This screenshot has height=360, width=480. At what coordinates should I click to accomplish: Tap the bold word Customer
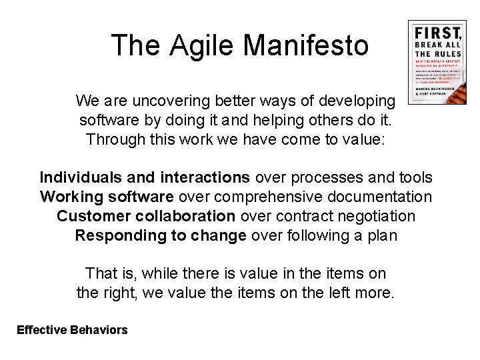(88, 217)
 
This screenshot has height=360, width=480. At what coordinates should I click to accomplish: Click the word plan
(383, 235)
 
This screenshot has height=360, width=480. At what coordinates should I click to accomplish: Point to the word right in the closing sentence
(117, 293)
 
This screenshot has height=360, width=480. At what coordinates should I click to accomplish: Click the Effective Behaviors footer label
(72, 329)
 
